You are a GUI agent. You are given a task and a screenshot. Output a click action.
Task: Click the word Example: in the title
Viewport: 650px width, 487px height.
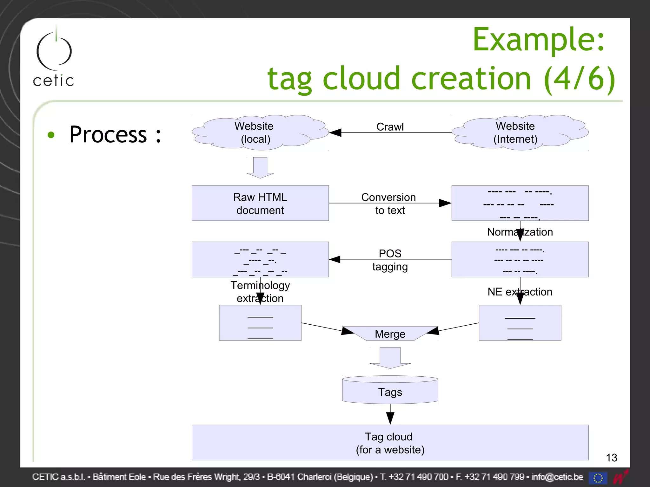(x=539, y=40)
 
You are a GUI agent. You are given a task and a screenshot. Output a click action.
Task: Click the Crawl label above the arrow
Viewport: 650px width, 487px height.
(x=390, y=127)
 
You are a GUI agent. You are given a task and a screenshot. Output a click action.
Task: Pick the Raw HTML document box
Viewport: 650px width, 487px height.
(x=260, y=203)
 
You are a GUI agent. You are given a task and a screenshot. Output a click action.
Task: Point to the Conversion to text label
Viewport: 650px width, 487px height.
(x=389, y=204)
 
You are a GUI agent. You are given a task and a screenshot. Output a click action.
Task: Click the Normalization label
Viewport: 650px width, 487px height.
(x=520, y=232)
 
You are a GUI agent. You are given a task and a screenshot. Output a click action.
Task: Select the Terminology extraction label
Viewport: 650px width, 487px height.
(x=260, y=291)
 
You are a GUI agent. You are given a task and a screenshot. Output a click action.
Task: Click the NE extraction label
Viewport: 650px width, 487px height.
(x=520, y=291)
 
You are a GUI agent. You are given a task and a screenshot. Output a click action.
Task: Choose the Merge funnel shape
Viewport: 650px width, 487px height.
(x=390, y=334)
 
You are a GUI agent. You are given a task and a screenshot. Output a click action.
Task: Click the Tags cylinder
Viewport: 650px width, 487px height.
(x=390, y=391)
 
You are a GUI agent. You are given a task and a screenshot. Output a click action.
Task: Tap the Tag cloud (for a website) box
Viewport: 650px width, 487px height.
(x=390, y=443)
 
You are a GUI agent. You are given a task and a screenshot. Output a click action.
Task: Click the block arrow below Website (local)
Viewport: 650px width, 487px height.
(x=260, y=168)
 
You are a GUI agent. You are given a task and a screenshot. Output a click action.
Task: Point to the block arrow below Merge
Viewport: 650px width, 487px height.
(x=390, y=358)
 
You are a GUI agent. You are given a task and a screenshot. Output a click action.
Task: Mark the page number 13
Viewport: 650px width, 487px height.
(x=611, y=458)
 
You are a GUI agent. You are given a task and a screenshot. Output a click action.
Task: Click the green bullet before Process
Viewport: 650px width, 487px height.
(x=51, y=135)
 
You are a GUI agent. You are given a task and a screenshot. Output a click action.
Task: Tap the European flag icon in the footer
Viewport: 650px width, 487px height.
(x=598, y=477)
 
